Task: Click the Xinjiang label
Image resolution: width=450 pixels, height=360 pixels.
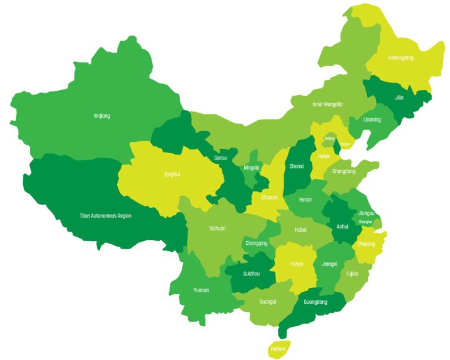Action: [101, 116]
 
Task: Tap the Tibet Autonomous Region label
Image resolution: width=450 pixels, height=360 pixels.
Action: [105, 215]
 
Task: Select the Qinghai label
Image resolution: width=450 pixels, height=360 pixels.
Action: [172, 174]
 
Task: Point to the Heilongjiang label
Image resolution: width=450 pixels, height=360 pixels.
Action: [401, 58]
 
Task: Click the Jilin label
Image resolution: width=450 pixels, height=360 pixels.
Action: [399, 98]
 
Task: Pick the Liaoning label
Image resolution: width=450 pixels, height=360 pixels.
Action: [372, 119]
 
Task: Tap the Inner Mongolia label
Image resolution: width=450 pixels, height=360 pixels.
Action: [327, 104]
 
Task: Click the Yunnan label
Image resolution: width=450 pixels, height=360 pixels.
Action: [202, 290]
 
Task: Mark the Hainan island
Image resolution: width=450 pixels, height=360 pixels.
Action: [277, 348]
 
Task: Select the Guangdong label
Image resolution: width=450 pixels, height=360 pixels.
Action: [315, 302]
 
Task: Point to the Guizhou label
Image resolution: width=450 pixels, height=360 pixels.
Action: [251, 274]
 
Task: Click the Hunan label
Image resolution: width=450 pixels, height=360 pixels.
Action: [297, 264]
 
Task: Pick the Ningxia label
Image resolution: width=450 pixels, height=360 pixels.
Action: [251, 167]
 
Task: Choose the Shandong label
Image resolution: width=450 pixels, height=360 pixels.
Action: [344, 171]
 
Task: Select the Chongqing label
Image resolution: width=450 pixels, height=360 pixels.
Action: [257, 243]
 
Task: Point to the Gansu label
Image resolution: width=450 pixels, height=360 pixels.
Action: [220, 158]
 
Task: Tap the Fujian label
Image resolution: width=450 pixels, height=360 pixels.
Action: [352, 273]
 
